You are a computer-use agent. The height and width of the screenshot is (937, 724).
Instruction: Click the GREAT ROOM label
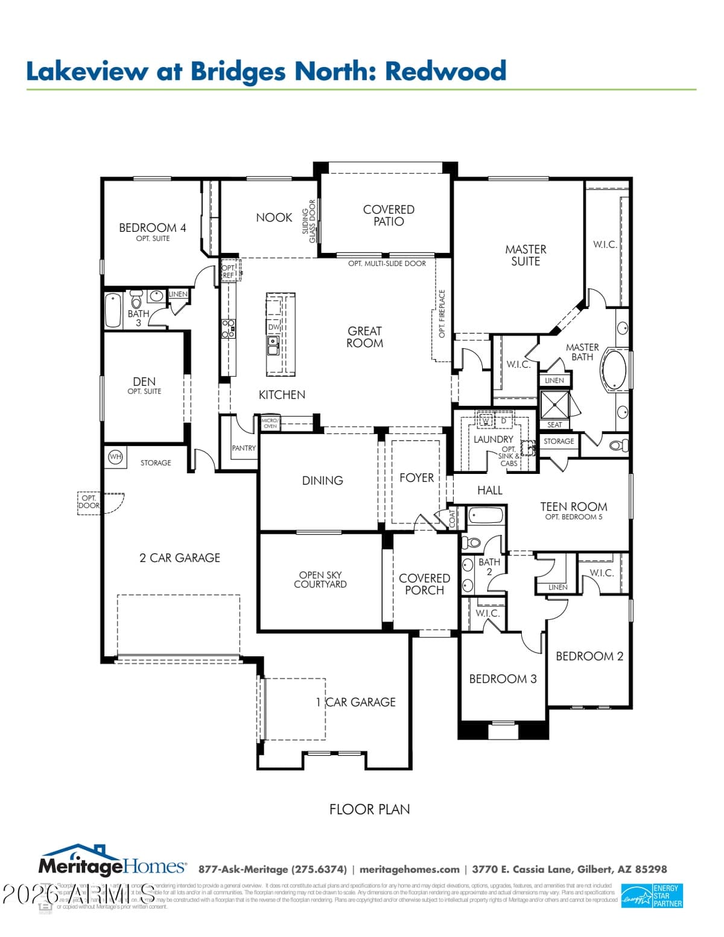point(364,337)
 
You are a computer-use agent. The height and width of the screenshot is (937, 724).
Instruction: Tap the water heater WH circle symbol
point(115,457)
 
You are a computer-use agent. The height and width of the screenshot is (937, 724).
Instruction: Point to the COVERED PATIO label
point(389,216)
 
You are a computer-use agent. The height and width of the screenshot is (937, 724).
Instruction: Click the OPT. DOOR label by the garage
point(89,502)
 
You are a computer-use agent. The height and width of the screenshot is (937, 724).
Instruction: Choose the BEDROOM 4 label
point(152,228)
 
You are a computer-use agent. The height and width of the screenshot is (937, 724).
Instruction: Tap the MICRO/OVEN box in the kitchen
point(270,423)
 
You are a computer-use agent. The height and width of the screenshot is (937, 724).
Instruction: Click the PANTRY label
point(244,448)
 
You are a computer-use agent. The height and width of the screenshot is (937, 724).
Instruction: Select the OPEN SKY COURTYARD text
point(320,580)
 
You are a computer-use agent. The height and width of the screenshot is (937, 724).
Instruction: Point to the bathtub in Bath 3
point(113,310)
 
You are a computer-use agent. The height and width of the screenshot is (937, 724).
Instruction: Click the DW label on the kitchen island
point(273,327)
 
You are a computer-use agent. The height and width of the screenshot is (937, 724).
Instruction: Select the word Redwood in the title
point(446,71)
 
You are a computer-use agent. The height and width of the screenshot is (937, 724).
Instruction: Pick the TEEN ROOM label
point(573,507)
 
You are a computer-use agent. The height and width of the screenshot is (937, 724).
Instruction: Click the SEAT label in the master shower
point(554,424)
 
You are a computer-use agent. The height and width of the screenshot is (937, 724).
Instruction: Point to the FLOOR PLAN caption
point(369,810)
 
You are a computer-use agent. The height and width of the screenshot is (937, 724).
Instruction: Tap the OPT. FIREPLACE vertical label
point(442,314)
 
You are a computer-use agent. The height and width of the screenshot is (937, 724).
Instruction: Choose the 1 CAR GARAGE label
point(356,702)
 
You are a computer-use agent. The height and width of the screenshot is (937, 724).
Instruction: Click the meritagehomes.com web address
point(409,869)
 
